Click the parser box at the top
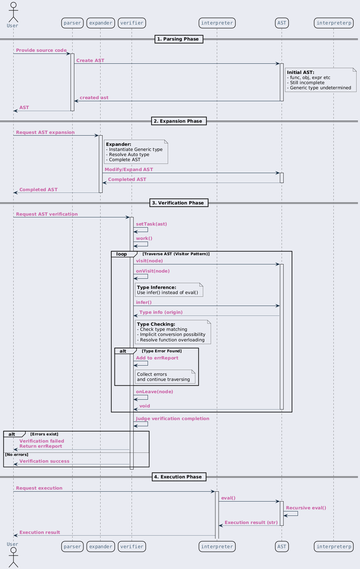tap(72, 23)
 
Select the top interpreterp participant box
tap(333, 23)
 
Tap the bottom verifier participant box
tap(132, 547)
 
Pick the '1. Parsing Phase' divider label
tap(179, 39)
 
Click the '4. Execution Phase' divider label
tap(179, 477)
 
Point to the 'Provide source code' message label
tap(42, 50)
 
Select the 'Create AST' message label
tap(90, 60)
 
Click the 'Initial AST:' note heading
tap(300, 72)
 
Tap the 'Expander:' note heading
tap(119, 144)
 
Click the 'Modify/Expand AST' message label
tap(129, 169)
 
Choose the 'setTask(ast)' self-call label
tap(151, 224)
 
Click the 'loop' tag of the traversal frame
tap(121, 254)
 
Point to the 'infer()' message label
tap(144, 302)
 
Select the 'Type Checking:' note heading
tap(156, 324)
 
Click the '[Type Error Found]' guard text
tap(162, 351)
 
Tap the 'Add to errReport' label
tap(157, 358)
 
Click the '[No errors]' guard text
tap(17, 455)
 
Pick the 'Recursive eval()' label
tap(306, 508)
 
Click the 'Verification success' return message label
tap(45, 461)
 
